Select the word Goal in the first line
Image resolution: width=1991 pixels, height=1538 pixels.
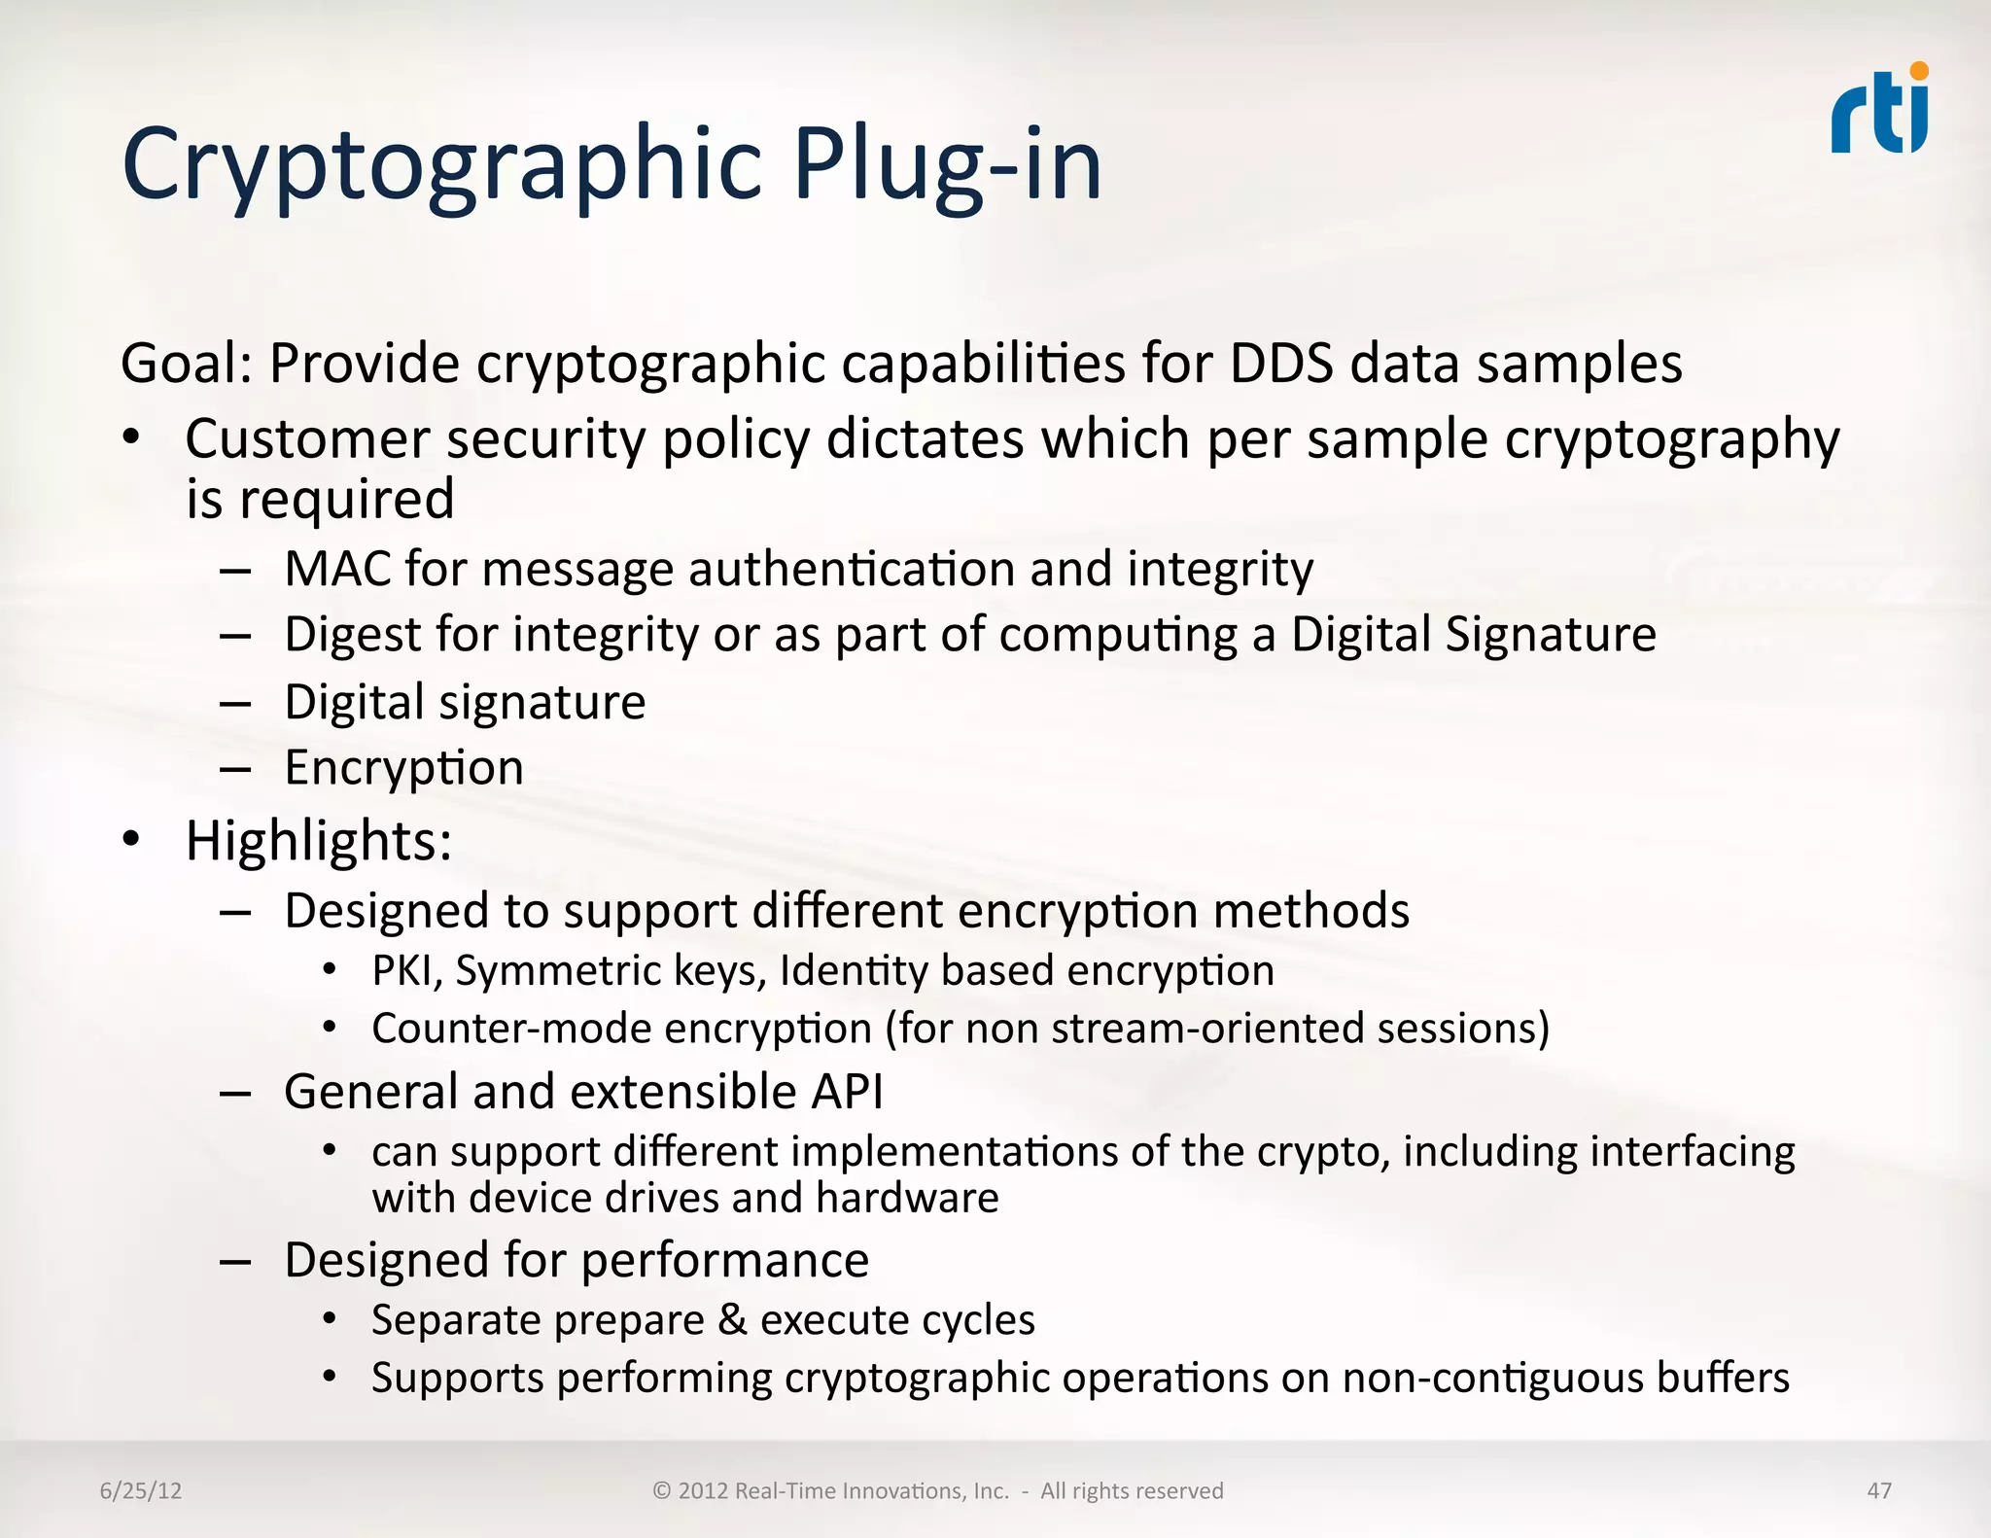coord(184,364)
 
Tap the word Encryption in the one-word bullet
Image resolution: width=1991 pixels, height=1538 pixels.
coord(403,768)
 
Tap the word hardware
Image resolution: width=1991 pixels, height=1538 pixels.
coord(907,1198)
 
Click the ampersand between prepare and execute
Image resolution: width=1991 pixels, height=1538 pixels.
coord(732,1320)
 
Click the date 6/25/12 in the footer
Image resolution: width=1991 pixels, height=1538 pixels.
coord(141,1490)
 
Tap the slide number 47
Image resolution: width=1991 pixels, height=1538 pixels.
coord(1879,1490)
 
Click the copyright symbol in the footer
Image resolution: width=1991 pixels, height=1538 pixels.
coord(662,1490)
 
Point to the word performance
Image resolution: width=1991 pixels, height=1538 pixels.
coord(724,1261)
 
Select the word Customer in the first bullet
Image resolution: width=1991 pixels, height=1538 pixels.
coord(307,439)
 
